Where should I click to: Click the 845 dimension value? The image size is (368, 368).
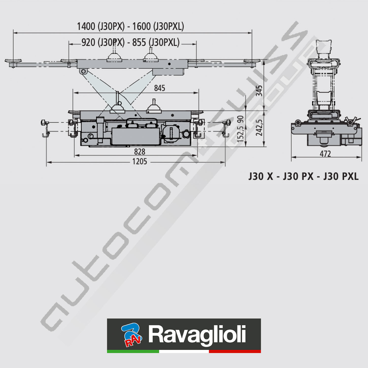[x=159, y=88]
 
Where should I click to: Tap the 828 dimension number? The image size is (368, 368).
[x=140, y=152]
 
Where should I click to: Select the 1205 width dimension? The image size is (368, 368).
[x=140, y=162]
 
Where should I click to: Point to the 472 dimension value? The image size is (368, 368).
[x=325, y=154]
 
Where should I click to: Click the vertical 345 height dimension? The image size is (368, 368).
[x=259, y=91]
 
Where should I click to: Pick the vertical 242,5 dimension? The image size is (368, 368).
[x=259, y=128]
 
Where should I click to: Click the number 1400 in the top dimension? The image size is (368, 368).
[x=86, y=26]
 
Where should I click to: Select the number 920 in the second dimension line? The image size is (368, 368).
[x=88, y=42]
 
